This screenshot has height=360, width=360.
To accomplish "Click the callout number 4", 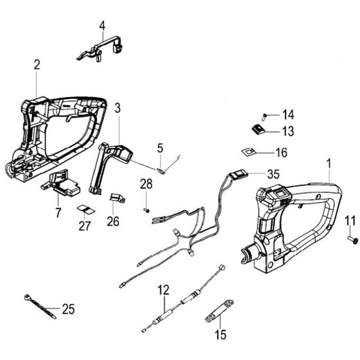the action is pos(102,26).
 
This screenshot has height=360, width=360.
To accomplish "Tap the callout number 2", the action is pos(37,65).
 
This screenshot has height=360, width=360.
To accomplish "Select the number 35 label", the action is pos(273,174).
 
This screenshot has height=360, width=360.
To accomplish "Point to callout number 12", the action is pos(163,290).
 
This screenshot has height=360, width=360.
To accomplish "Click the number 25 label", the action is pos(68,309).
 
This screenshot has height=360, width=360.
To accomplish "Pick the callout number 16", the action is pos(282,153).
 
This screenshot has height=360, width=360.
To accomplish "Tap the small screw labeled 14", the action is pos(264,116).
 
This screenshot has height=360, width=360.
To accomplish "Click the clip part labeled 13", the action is pos(258,129).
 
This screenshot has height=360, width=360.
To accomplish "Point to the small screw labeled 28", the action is pos(147,210).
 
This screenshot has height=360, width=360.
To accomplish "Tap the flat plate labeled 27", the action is pos(86,210).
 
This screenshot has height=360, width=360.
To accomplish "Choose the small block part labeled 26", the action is pos(118,198).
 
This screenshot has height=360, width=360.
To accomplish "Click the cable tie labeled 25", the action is pos(40,306).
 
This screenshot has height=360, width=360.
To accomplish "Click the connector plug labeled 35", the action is pos(239,174).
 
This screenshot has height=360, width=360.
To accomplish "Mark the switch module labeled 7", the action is pos(61,183).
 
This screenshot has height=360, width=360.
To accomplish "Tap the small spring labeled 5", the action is pos(161,170).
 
